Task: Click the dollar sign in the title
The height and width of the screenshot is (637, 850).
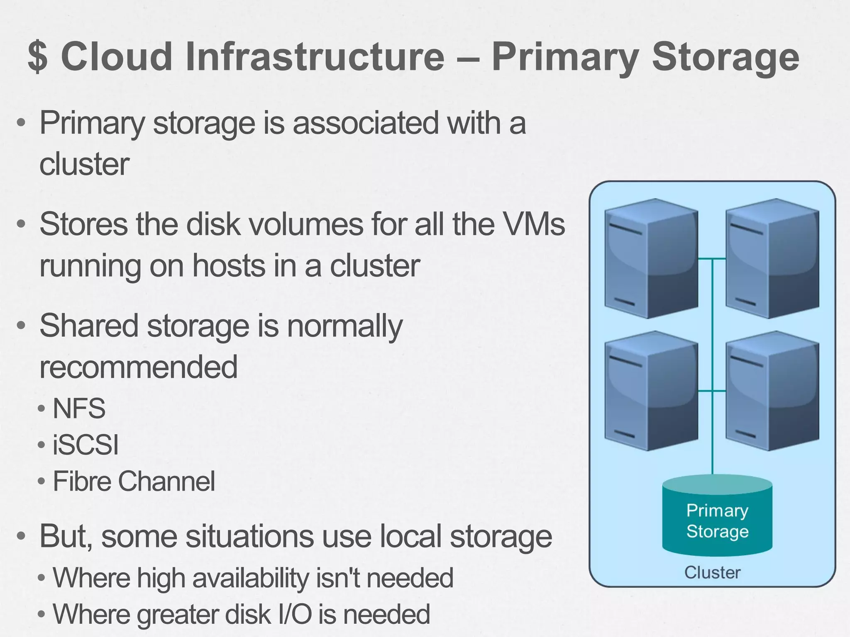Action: [x=38, y=57]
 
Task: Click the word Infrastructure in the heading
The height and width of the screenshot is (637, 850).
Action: [x=315, y=57]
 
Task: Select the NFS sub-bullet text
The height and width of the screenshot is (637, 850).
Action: [x=79, y=408]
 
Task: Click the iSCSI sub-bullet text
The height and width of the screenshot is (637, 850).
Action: [x=85, y=445]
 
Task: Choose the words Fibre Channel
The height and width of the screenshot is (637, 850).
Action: [x=134, y=481]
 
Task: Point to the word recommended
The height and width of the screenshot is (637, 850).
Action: [x=138, y=367]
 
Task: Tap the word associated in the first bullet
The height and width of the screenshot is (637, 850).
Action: [x=366, y=123]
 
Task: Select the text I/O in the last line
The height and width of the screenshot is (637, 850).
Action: [x=295, y=614]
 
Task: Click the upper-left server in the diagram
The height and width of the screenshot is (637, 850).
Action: [x=651, y=258]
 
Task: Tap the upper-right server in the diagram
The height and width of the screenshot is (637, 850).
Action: [x=772, y=258]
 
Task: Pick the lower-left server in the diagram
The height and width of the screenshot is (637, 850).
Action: [x=651, y=391]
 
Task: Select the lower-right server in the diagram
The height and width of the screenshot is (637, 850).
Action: [x=772, y=391]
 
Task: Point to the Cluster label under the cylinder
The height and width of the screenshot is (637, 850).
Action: [x=712, y=573]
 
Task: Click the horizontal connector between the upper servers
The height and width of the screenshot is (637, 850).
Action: [x=712, y=259]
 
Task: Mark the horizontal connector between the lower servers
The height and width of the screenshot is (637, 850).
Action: [x=712, y=391]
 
